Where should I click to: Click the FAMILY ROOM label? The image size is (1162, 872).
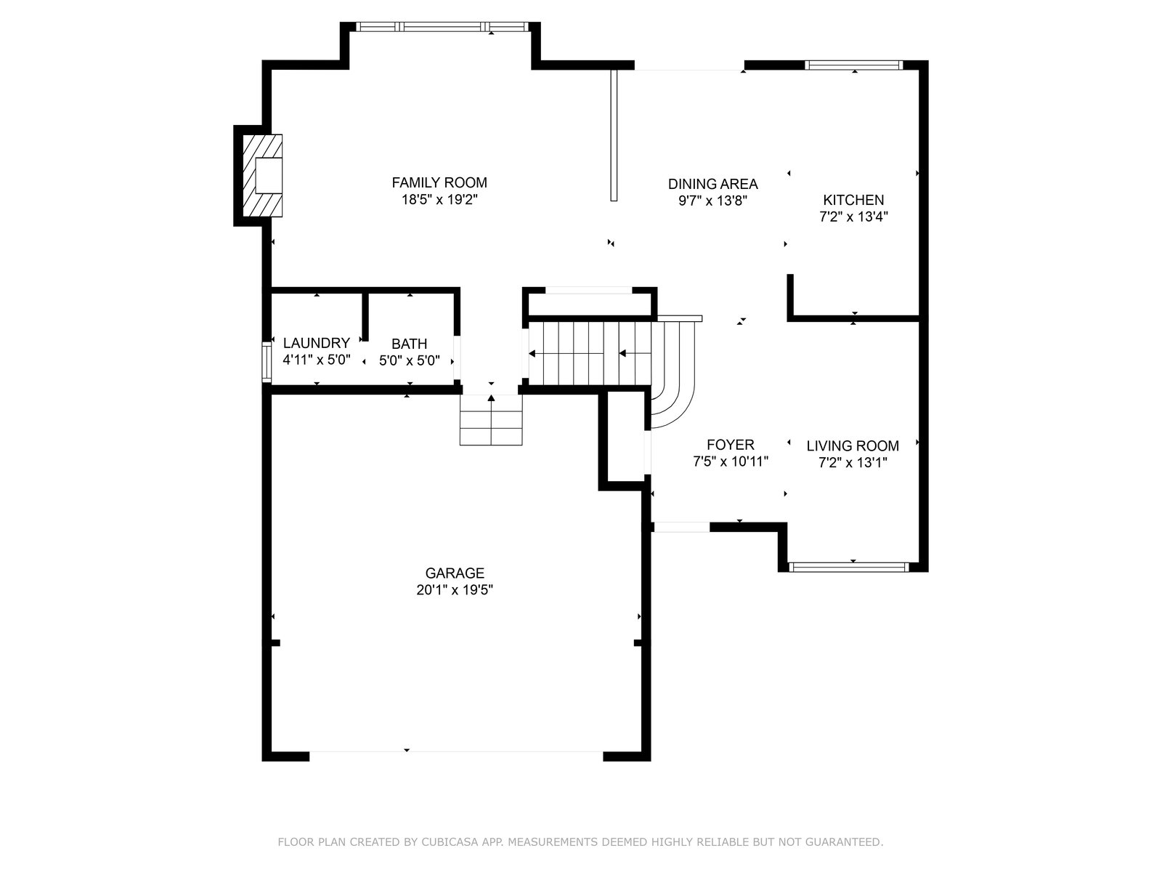pyautogui.click(x=439, y=182)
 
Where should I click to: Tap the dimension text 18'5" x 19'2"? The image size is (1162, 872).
pyautogui.click(x=439, y=200)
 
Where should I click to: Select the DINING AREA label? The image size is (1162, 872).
pyautogui.click(x=712, y=184)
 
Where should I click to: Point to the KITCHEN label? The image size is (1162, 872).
pyautogui.click(x=853, y=200)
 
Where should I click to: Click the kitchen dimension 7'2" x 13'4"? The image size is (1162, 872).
pyautogui.click(x=853, y=217)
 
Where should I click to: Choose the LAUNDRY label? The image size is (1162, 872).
pyautogui.click(x=317, y=343)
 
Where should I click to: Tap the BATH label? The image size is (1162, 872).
pyautogui.click(x=409, y=344)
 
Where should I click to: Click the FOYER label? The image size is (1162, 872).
pyautogui.click(x=731, y=445)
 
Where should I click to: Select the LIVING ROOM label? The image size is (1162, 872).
pyautogui.click(x=853, y=445)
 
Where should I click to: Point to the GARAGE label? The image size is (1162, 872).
pyautogui.click(x=455, y=573)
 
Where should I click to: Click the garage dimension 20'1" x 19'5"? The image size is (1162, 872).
pyautogui.click(x=455, y=590)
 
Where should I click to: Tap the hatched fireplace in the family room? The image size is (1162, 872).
pyautogui.click(x=262, y=175)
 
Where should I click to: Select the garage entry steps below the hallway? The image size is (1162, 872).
pyautogui.click(x=491, y=420)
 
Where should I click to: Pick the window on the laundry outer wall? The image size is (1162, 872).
pyautogui.click(x=267, y=362)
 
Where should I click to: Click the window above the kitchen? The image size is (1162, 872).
pyautogui.click(x=853, y=65)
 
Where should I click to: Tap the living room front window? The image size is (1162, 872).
pyautogui.click(x=848, y=567)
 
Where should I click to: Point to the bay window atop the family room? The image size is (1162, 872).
pyautogui.click(x=442, y=26)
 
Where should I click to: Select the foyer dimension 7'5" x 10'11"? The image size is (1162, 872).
pyautogui.click(x=731, y=461)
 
